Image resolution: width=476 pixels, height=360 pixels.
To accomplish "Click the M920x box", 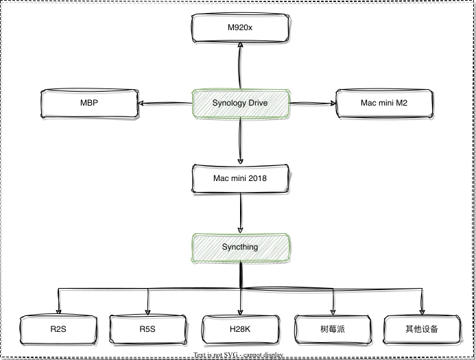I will tap(239, 28).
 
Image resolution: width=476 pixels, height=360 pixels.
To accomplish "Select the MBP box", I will tap(89, 103).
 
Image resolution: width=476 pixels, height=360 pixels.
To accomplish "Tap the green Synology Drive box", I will tap(239, 103).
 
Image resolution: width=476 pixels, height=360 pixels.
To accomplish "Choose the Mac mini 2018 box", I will tap(239, 178).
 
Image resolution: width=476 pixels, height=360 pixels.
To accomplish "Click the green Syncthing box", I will tap(239, 247).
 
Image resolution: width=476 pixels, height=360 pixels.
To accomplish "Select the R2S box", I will tap(58, 329).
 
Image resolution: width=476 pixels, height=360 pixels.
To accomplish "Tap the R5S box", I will tap(147, 329).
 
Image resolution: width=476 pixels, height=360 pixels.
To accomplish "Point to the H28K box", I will tap(239, 329).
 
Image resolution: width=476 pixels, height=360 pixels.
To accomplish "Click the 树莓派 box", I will tap(333, 329).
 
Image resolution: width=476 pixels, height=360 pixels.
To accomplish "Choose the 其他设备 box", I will tap(421, 329).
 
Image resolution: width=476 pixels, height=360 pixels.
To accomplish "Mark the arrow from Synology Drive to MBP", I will tap(165, 104).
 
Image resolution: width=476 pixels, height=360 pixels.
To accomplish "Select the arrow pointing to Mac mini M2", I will tap(312, 104).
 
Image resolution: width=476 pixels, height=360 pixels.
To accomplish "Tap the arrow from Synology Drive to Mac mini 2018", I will tap(239, 141).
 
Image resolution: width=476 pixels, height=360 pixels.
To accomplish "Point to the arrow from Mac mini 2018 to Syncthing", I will tap(239, 213).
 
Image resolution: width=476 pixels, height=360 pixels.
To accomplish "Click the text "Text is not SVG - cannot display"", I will tap(238, 355).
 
